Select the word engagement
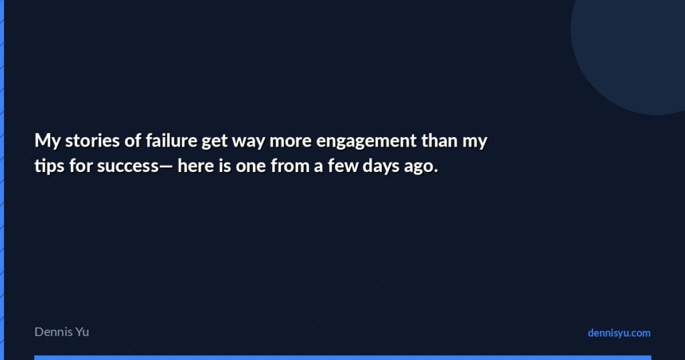[365, 143]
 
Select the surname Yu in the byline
[83, 332]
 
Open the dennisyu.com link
[619, 333]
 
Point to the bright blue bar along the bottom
[342, 357]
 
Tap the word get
[213, 143]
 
